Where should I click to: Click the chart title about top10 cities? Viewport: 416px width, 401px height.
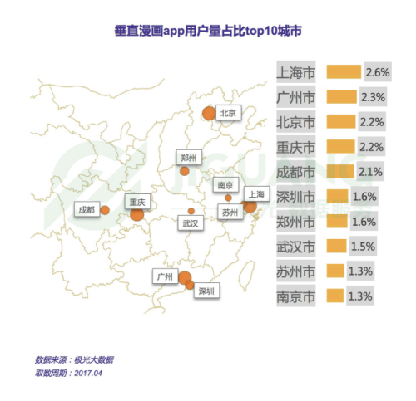[x=208, y=31]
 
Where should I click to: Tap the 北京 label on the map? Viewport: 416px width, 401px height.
[x=228, y=113]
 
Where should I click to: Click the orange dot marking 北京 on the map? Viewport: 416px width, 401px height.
[x=208, y=114]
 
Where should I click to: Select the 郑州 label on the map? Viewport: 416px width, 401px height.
[x=188, y=157]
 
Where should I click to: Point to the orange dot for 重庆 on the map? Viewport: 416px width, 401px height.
[x=137, y=214]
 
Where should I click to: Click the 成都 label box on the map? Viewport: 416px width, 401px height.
[x=85, y=209]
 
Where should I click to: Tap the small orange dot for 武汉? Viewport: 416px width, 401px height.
[x=191, y=211]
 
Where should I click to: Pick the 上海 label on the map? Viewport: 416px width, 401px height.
[x=255, y=194]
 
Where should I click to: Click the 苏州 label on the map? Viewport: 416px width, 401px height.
[x=230, y=213]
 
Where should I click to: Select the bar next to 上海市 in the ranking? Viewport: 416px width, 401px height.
[x=344, y=72]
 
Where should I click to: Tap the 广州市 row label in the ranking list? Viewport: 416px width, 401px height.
[x=295, y=97]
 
